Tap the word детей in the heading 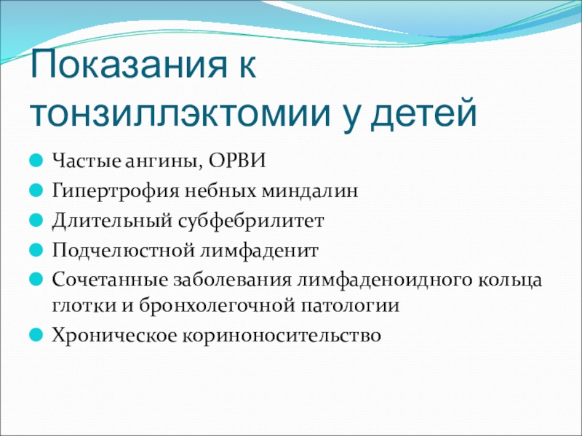point(423,113)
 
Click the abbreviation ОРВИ point(237,161)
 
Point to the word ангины point(163,162)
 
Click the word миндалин point(310,191)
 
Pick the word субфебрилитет point(251,221)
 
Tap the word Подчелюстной point(123,251)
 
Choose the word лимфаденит point(259,251)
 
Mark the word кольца point(509,281)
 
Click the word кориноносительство point(282,336)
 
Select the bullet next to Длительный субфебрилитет point(36,220)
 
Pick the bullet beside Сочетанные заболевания point(36,280)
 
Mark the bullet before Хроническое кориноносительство point(36,335)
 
